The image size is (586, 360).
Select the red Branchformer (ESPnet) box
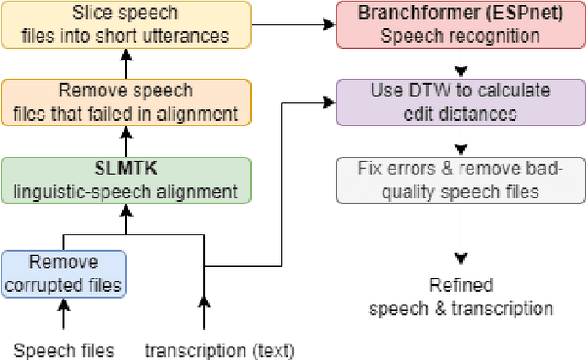461,25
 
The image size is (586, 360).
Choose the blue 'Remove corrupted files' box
63,272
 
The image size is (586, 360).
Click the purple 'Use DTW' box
461,103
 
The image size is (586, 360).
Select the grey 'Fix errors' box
461,180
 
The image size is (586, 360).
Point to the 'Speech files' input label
63,349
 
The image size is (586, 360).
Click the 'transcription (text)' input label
220,349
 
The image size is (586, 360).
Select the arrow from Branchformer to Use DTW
461,63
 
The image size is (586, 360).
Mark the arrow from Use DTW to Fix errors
461,141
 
